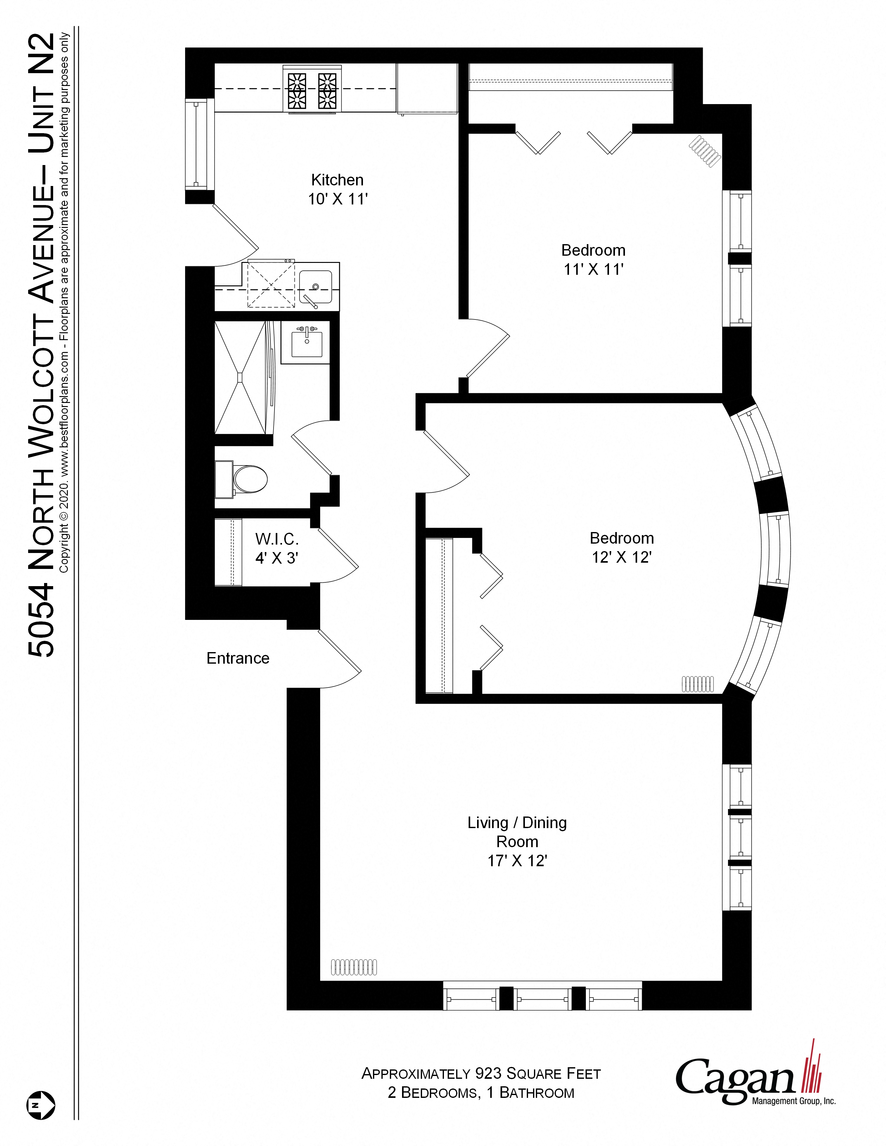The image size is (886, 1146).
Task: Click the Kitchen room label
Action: click(337, 180)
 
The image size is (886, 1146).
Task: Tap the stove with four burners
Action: click(312, 89)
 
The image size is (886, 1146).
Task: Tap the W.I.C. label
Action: click(277, 539)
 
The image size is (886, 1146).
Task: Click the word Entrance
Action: click(238, 658)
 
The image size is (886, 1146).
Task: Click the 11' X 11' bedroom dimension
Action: click(593, 269)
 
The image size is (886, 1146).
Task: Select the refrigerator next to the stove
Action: click(427, 88)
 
